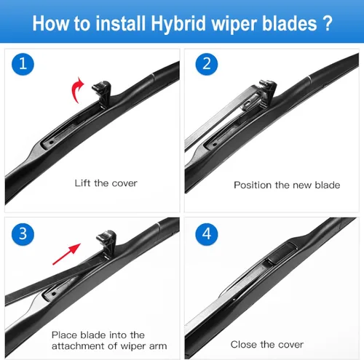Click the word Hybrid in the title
click(x=178, y=24)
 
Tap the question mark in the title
click(x=328, y=23)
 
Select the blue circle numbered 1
click(x=23, y=64)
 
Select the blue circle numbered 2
click(x=207, y=64)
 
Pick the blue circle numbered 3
click(x=23, y=234)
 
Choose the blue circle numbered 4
click(x=207, y=234)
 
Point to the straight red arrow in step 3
click(x=66, y=254)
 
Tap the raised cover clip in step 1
click(x=103, y=94)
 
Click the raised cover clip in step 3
click(x=107, y=243)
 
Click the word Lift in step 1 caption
click(x=82, y=183)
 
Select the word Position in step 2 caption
click(x=253, y=185)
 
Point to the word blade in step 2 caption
click(x=328, y=185)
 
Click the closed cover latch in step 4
click(x=282, y=253)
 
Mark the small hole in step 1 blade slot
click(x=51, y=143)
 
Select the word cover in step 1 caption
click(x=124, y=183)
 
